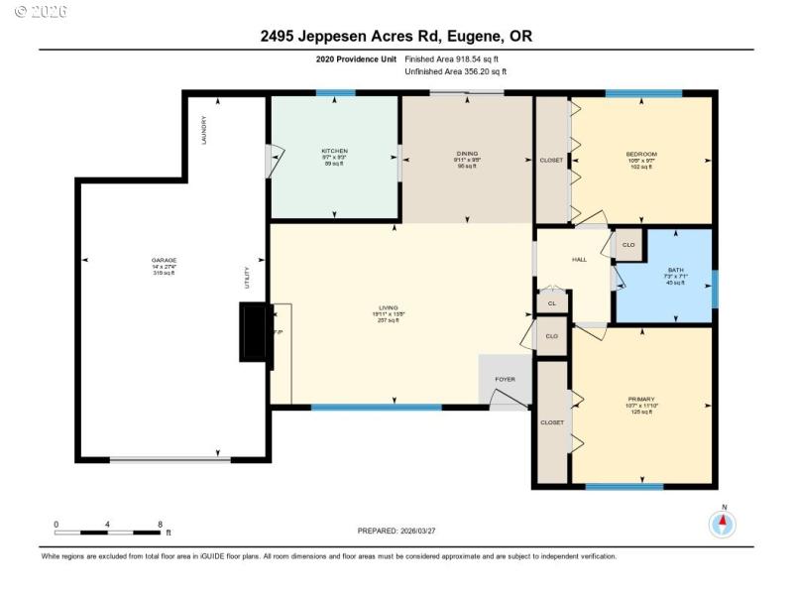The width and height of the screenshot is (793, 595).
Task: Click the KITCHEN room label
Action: click(x=334, y=151)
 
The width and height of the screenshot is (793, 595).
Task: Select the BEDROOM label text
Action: click(x=640, y=154)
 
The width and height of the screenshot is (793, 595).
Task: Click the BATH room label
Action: click(x=675, y=270)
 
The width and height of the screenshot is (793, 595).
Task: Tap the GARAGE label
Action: click(x=164, y=260)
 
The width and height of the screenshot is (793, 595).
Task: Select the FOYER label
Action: click(x=505, y=379)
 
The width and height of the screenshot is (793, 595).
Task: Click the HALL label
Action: click(x=580, y=260)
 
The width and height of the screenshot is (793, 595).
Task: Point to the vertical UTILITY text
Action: click(x=248, y=277)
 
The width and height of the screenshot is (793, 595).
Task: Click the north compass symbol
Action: click(x=723, y=523)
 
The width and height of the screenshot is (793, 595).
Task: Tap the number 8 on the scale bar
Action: click(x=160, y=524)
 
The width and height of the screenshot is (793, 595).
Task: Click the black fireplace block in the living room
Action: click(x=254, y=333)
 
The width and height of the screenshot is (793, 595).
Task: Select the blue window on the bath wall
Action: click(x=714, y=288)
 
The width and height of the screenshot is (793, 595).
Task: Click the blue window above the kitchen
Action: click(x=335, y=93)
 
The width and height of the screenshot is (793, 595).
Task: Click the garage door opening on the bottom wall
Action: click(x=170, y=459)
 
